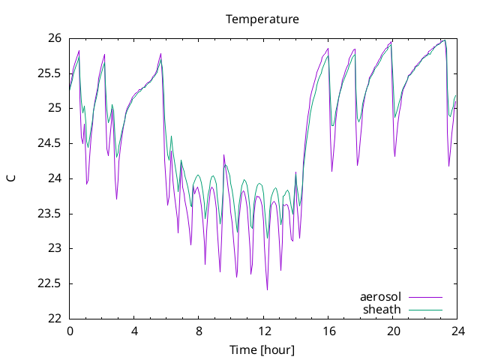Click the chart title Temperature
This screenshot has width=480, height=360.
coord(262,19)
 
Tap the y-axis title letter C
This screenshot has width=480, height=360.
coord(11,178)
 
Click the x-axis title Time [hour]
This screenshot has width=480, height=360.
coord(262,349)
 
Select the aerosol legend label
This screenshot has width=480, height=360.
coord(380,297)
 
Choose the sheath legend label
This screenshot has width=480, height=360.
coord(382,310)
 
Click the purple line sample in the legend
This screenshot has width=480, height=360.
coord(425,297)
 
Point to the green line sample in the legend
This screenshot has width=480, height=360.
coord(425,310)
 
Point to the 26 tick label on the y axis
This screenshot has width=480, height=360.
coord(55,38)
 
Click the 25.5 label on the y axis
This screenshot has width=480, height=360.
coord(49,73)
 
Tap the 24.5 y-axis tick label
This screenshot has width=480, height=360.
coord(49,143)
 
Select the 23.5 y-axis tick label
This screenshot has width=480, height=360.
coord(49,214)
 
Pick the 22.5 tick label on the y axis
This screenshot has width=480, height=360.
coord(49,283)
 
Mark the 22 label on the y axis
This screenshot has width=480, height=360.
coord(55,318)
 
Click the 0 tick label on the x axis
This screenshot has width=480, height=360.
coord(70,331)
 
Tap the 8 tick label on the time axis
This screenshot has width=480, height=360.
coord(199,331)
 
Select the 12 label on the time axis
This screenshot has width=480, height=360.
coord(265,331)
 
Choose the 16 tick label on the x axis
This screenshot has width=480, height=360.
coord(329,331)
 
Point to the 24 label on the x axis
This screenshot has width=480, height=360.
coord(458,331)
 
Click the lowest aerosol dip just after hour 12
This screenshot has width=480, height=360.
coord(267,289)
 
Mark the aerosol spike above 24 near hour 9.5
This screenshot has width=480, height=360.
coord(223,155)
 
